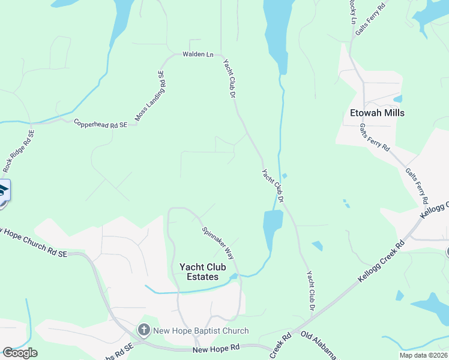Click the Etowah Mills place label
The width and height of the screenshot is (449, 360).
[377, 113]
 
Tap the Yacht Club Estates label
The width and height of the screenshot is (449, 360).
[199, 272]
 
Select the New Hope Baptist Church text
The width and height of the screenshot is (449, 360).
[200, 331]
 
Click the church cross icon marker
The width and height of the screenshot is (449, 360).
[143, 330]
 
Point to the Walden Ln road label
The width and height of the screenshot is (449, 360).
[197, 55]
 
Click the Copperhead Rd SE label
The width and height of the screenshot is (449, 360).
[100, 124]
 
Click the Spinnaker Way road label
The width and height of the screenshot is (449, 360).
[218, 242]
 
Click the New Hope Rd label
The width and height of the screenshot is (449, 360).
[216, 348]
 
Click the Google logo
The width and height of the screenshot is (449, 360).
[19, 353]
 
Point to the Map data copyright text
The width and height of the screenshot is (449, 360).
[424, 355]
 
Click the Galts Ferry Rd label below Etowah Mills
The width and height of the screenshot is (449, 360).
[375, 138]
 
